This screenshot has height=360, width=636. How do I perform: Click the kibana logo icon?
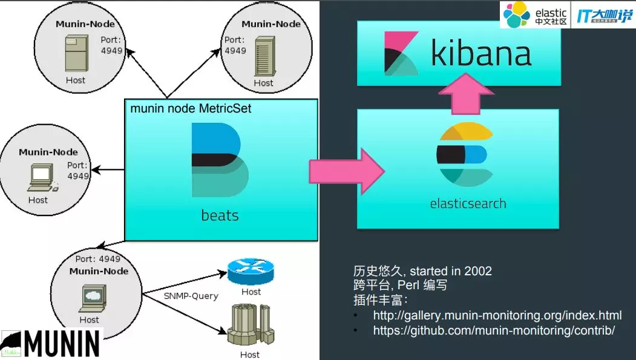(401, 53)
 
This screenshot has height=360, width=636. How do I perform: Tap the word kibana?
(481, 53)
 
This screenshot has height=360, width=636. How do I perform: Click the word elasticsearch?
(468, 203)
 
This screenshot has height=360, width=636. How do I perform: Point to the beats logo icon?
(220, 159)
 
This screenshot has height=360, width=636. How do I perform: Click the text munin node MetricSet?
(191, 109)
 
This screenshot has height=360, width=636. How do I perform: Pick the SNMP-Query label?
(191, 296)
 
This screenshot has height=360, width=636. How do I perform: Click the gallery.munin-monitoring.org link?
(497, 316)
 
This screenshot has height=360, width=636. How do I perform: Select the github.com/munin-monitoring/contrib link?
(494, 330)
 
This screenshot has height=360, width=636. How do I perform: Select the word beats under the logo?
(220, 215)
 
